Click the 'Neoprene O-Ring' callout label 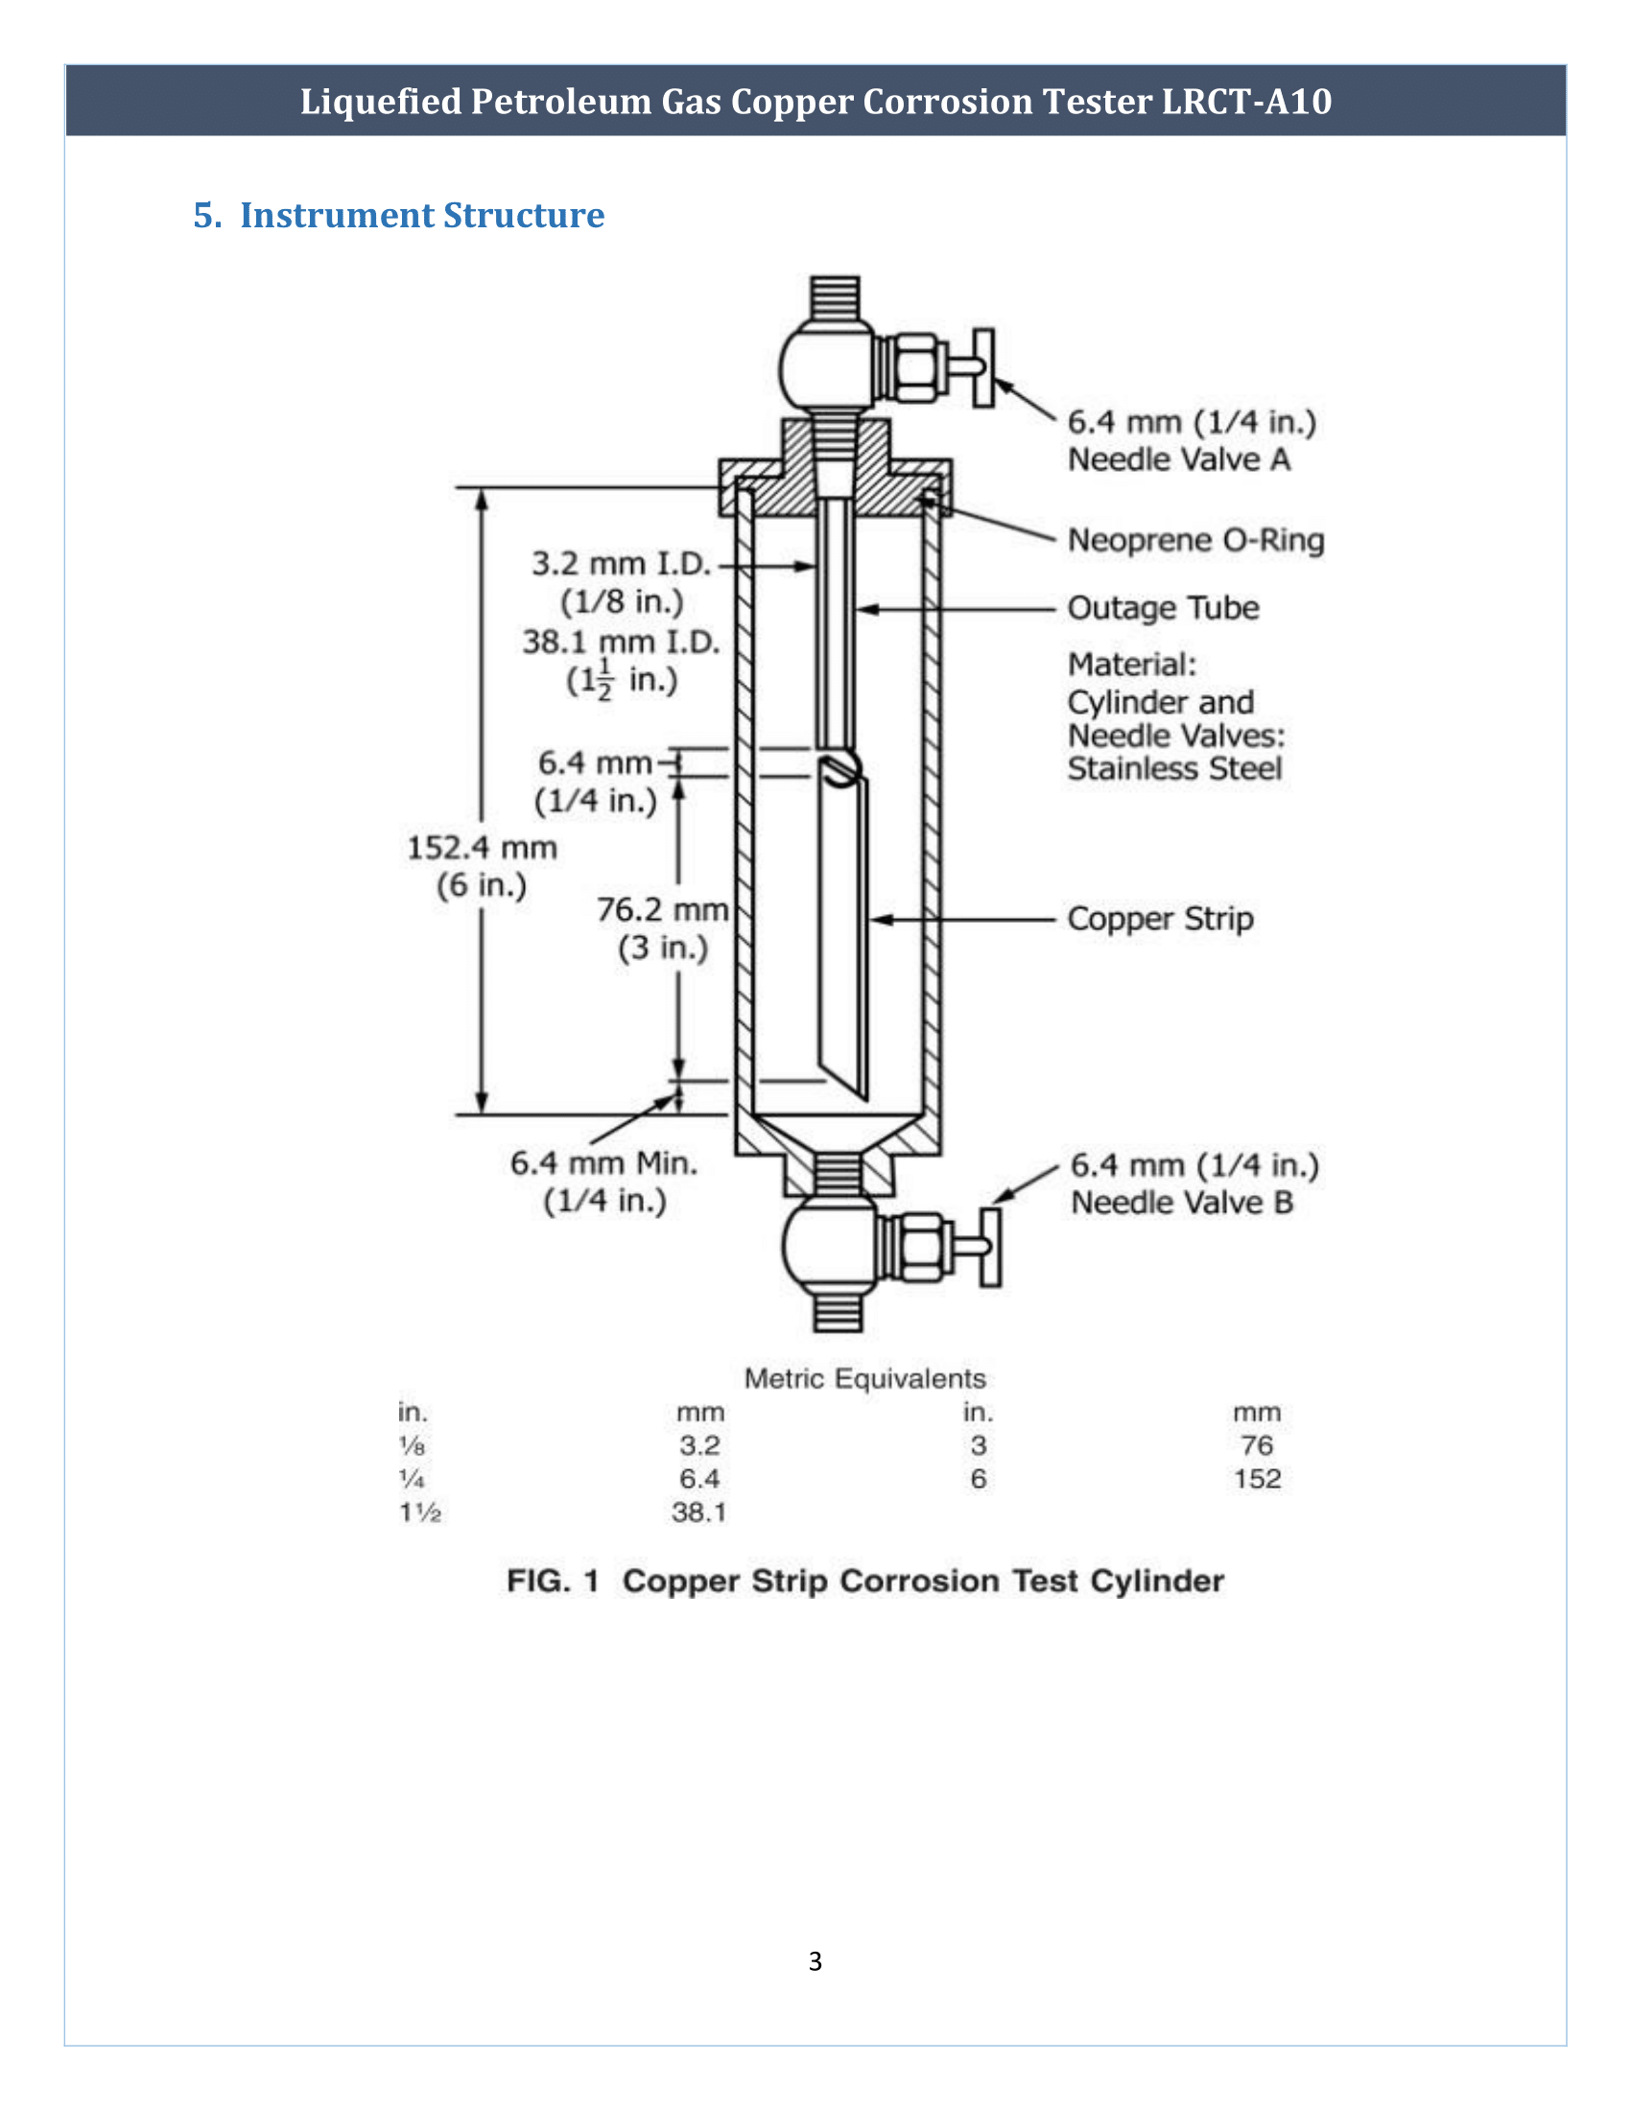pos(1195,540)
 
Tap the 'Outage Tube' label pos(1163,609)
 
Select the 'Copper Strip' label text pos(1160,919)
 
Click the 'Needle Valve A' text pos(1179,459)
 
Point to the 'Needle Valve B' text pos(1182,1203)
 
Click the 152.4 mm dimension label pos(482,848)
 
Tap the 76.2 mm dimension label pos(662,910)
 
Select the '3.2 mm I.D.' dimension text pos(621,563)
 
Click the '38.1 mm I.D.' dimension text pos(621,643)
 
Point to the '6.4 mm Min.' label pos(603,1163)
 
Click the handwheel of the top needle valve pos(983,368)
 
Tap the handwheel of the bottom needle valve pos(990,1246)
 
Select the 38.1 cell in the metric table pos(698,1512)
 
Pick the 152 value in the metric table pos(1256,1479)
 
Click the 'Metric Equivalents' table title pos(864,1378)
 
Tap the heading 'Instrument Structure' pos(421,216)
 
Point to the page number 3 pos(815,1960)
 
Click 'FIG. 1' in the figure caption pos(553,1582)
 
